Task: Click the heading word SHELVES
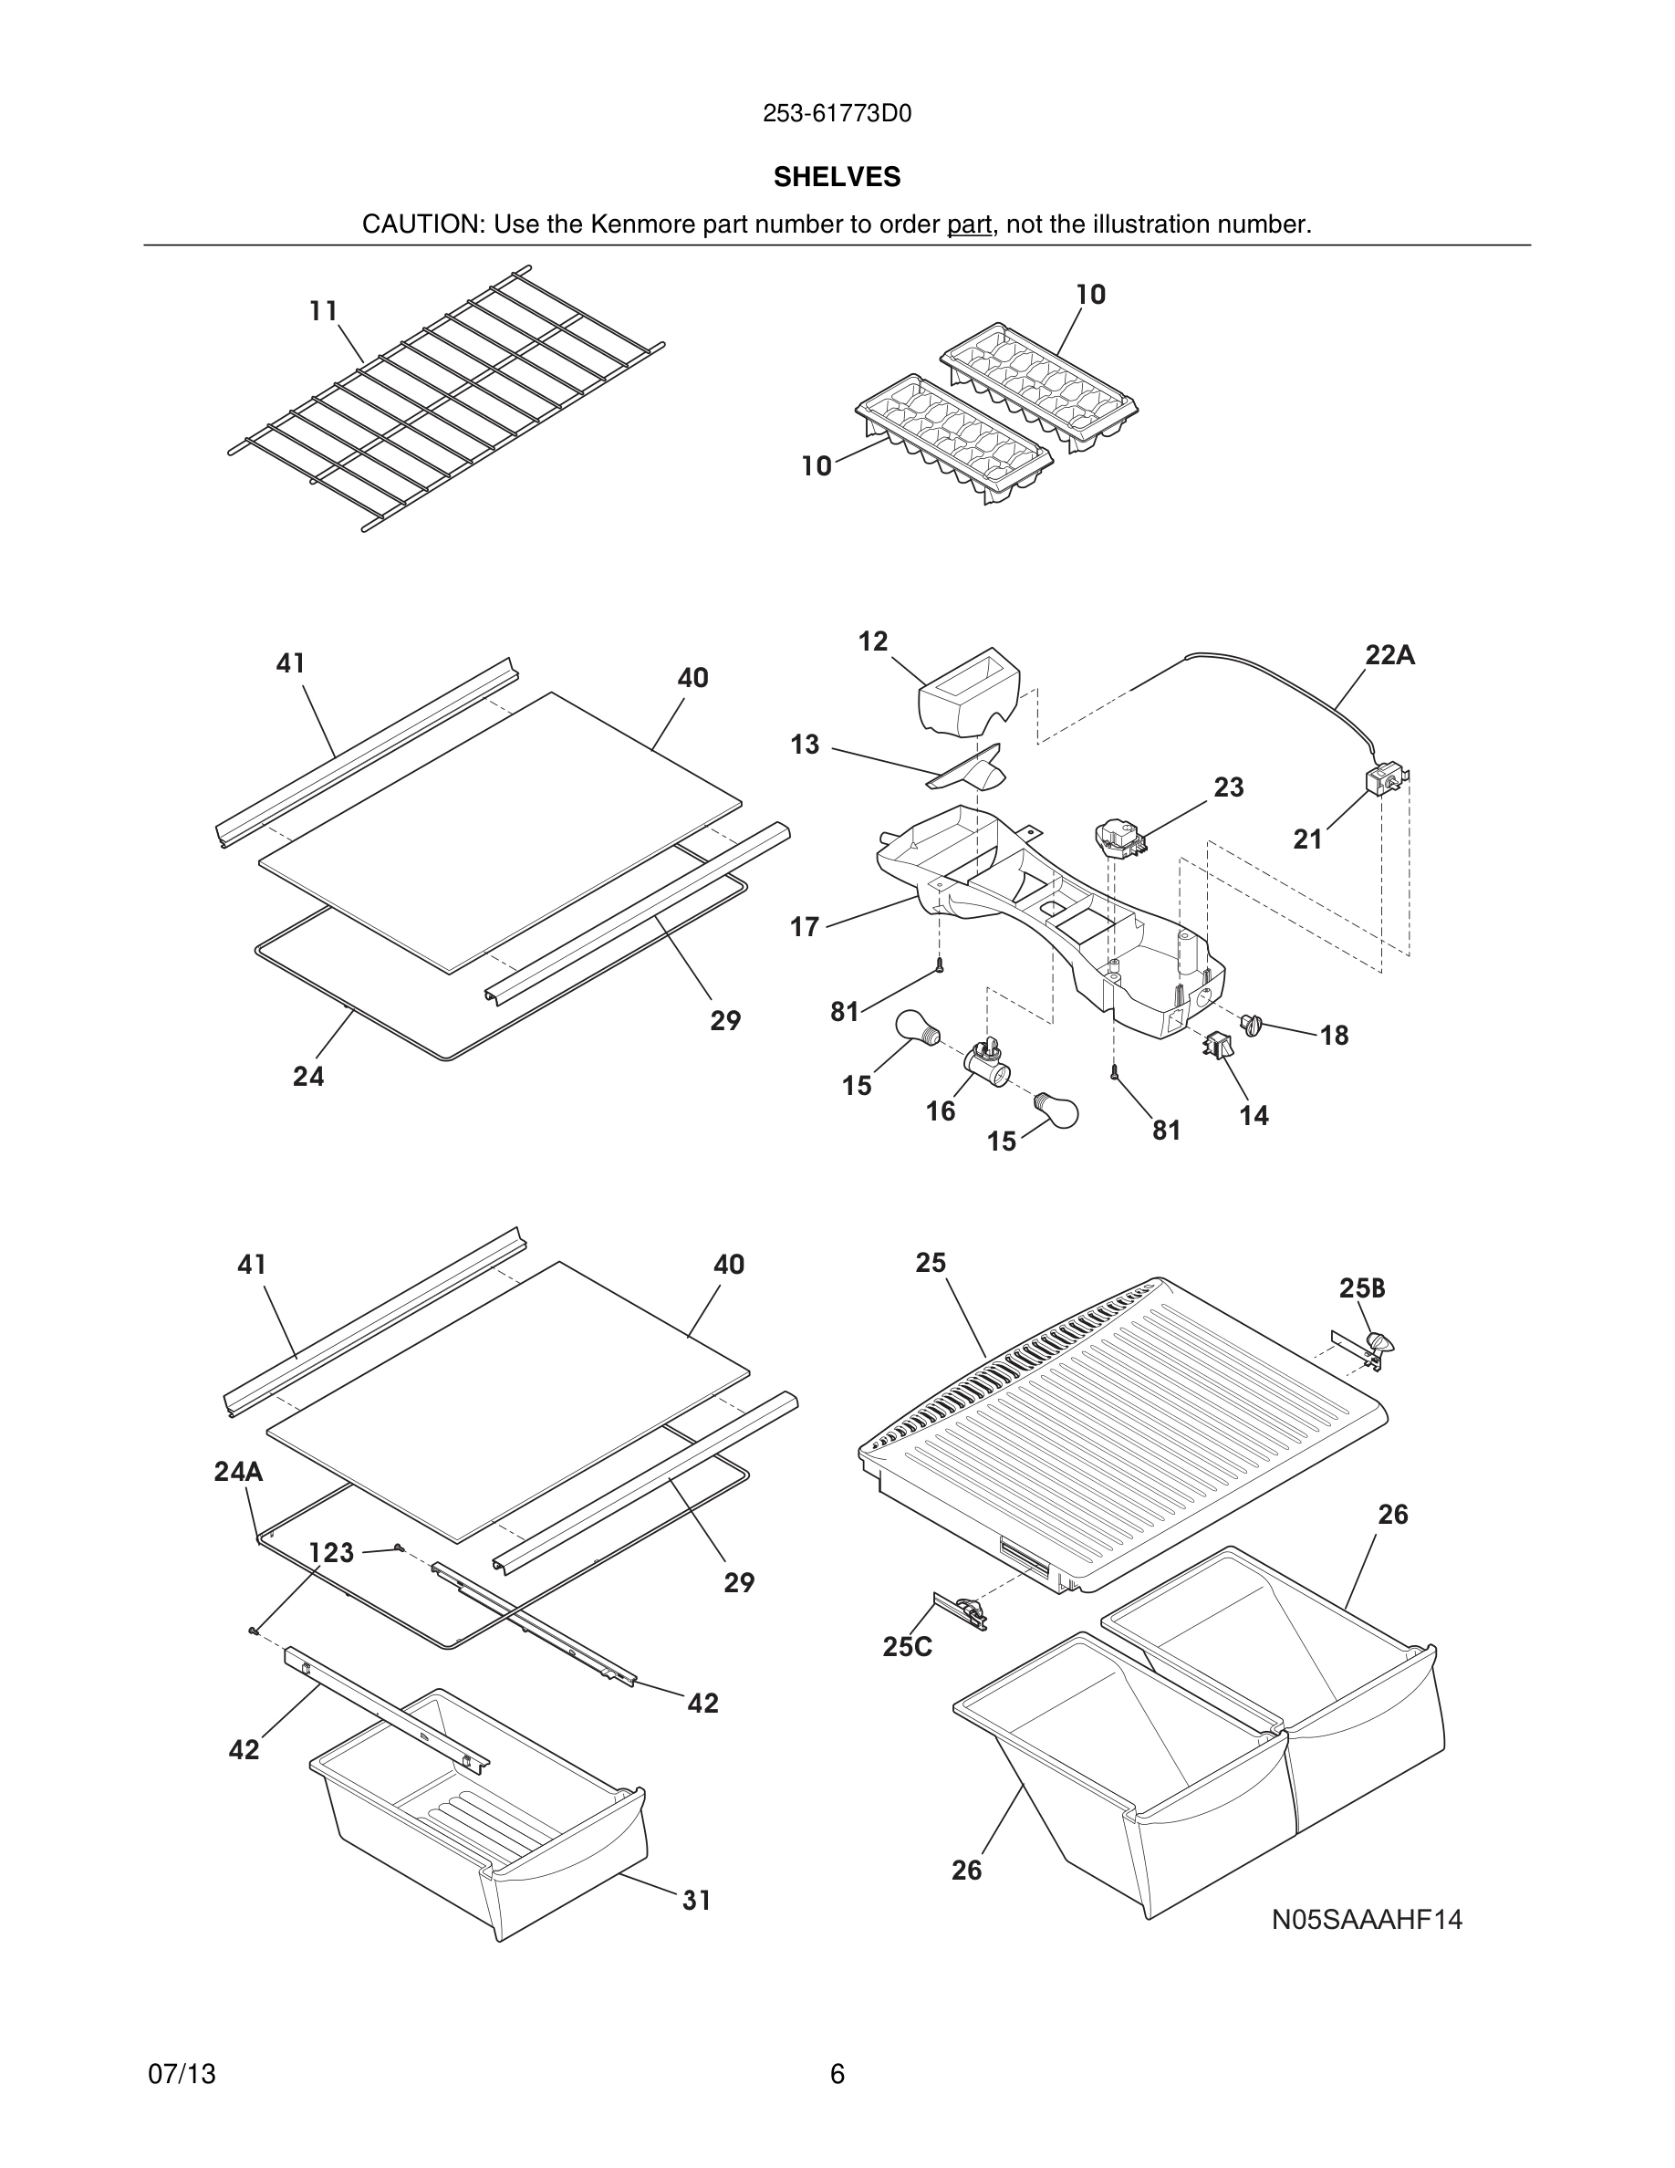pyautogui.click(x=837, y=177)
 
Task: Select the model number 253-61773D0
pyautogui.click(x=837, y=114)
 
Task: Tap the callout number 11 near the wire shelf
pyautogui.click(x=324, y=312)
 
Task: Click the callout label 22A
pyautogui.click(x=1389, y=655)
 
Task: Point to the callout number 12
pyautogui.click(x=872, y=641)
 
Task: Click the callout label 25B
pyautogui.click(x=1361, y=1288)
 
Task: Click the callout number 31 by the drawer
pyautogui.click(x=697, y=1900)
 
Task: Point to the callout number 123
pyautogui.click(x=331, y=1552)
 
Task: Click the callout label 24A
pyautogui.click(x=238, y=1471)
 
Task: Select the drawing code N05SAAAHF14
pyautogui.click(x=1367, y=1920)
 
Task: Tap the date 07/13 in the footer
pyautogui.click(x=182, y=2074)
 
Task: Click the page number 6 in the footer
pyautogui.click(x=837, y=2074)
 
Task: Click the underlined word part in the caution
pyautogui.click(x=969, y=224)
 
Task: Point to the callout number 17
pyautogui.click(x=804, y=927)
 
